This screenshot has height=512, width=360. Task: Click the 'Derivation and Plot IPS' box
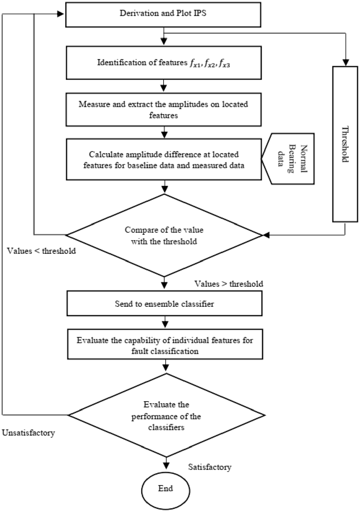pos(163,15)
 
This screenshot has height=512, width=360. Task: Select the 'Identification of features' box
pos(164,63)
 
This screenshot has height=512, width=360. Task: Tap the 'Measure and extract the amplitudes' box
pos(164,109)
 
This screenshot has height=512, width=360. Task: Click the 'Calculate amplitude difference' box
pos(164,160)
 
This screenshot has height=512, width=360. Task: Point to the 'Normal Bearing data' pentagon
pos(288,159)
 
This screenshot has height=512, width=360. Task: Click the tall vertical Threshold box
pos(345,144)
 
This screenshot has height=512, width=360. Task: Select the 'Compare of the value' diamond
pos(164,236)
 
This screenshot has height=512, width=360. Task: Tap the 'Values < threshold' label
pos(42,251)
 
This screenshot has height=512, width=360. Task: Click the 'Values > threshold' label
pos(229,284)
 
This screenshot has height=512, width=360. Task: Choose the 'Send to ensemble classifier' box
pos(164,303)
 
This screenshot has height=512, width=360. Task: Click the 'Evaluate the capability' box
pos(165,344)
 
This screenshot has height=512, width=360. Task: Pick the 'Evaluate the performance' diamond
pos(166,415)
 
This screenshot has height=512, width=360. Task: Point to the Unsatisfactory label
pos(28,433)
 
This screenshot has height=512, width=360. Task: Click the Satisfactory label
pos(210,467)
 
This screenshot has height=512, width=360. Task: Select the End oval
pos(166,491)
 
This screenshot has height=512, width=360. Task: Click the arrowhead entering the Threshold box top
pos(346,62)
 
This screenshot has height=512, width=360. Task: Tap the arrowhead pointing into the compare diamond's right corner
pos(266,235)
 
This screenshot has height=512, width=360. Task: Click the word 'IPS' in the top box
pos(200,13)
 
